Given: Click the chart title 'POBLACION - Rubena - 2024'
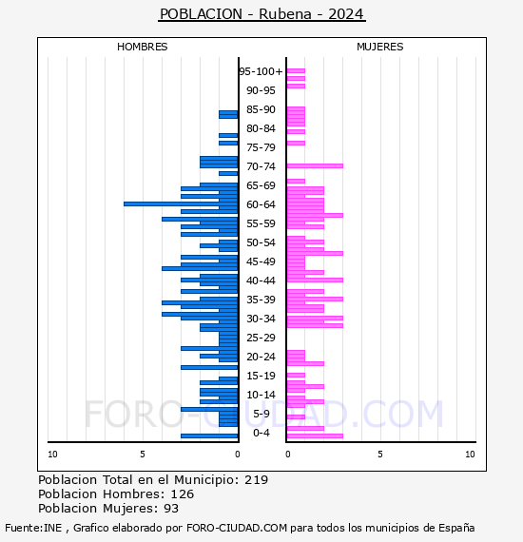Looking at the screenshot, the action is (x=261, y=14).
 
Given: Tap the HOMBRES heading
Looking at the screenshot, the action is (x=142, y=47).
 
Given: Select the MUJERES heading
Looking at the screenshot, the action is (x=380, y=47).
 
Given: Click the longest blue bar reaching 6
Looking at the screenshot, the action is (x=181, y=203).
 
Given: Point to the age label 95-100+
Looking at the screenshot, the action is (x=261, y=71).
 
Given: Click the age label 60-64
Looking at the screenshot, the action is (x=261, y=204).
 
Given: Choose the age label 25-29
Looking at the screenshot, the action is (x=261, y=338).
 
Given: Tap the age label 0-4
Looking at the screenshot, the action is (x=261, y=433).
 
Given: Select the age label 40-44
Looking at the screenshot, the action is (x=261, y=281).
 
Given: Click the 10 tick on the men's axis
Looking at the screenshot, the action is (x=52, y=455).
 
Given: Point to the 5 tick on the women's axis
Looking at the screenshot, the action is (x=380, y=455).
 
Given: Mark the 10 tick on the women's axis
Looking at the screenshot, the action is (x=470, y=455).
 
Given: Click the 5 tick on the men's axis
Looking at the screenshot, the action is (x=143, y=455).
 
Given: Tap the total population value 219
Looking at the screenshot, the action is (x=256, y=480).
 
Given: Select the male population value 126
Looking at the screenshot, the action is (x=183, y=494).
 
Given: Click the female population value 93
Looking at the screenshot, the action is (x=171, y=509).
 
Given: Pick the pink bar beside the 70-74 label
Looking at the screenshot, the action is (x=315, y=165).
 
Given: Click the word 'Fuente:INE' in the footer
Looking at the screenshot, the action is (x=33, y=528).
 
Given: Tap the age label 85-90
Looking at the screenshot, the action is (x=261, y=109).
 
